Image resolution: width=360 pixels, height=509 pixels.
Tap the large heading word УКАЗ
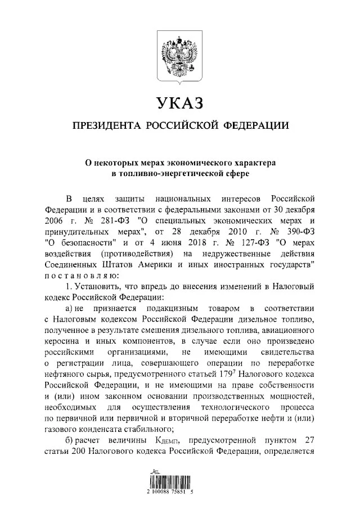(x=179, y=103)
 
